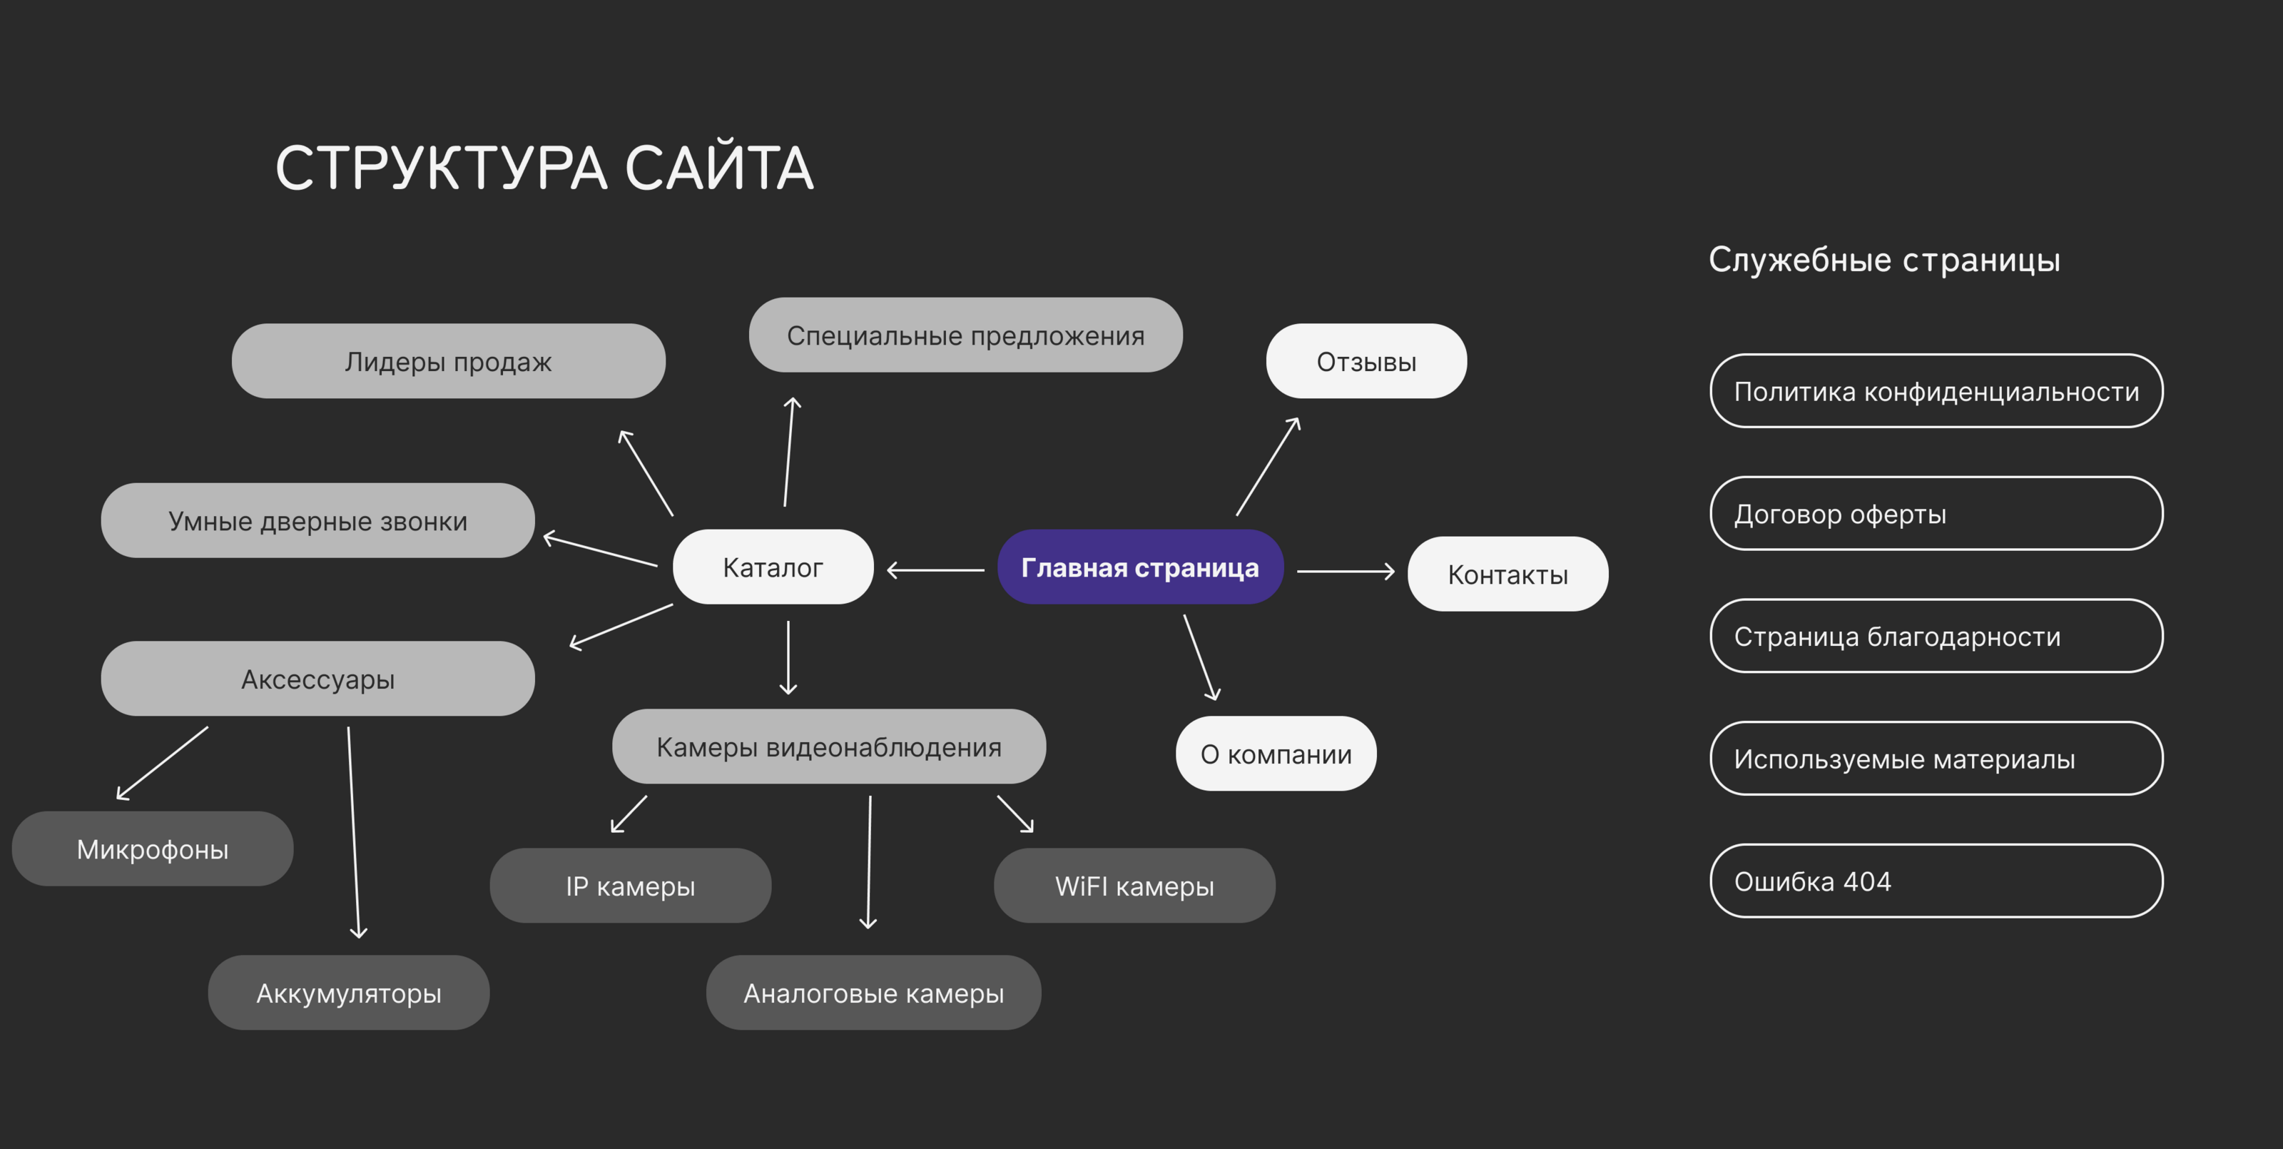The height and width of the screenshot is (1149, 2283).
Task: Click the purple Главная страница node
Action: coord(1140,567)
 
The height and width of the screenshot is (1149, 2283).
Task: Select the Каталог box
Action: coord(773,567)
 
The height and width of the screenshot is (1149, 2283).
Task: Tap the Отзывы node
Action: coord(1366,362)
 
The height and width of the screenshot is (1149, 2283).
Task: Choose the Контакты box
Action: coord(1507,574)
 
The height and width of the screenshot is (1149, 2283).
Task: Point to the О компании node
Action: coord(1276,754)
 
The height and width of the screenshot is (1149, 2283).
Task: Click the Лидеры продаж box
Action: coord(449,362)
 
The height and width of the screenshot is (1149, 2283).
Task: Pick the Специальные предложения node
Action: coord(965,335)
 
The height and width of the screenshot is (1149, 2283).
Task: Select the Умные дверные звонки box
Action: coord(317,520)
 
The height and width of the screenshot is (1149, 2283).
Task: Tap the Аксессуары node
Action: coord(317,679)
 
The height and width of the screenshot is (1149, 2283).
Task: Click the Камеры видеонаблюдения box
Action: coord(828,746)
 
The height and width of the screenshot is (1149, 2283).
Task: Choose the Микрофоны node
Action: coord(153,849)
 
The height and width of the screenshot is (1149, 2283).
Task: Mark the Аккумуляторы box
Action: coord(348,993)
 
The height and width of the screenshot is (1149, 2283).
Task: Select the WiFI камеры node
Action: coord(1134,886)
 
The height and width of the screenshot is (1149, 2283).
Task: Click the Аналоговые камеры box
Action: coord(873,993)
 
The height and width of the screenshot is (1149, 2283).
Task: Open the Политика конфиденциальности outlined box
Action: coord(1936,391)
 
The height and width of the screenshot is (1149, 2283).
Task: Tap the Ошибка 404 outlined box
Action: coord(1936,881)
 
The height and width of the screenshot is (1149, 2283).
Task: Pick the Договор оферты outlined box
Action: coord(1936,515)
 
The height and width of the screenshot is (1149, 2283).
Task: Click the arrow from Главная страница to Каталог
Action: coord(936,570)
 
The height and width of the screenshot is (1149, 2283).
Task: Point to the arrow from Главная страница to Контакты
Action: coord(1346,572)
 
